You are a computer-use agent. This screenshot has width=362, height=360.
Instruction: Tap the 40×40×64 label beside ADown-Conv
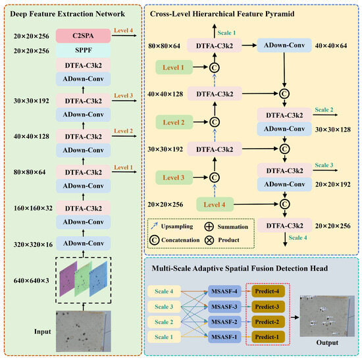tap(329, 45)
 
